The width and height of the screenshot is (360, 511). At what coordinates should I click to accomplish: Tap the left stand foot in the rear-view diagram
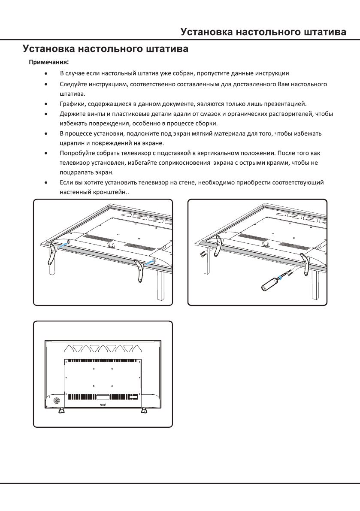tap(61, 410)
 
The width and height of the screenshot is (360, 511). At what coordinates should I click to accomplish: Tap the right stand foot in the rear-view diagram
tap(143, 410)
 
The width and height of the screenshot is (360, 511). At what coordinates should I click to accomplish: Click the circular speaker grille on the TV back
tap(56, 402)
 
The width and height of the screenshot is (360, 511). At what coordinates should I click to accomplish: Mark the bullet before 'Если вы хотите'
tap(46, 183)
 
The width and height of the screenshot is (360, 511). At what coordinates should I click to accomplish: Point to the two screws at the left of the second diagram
tap(203, 254)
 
